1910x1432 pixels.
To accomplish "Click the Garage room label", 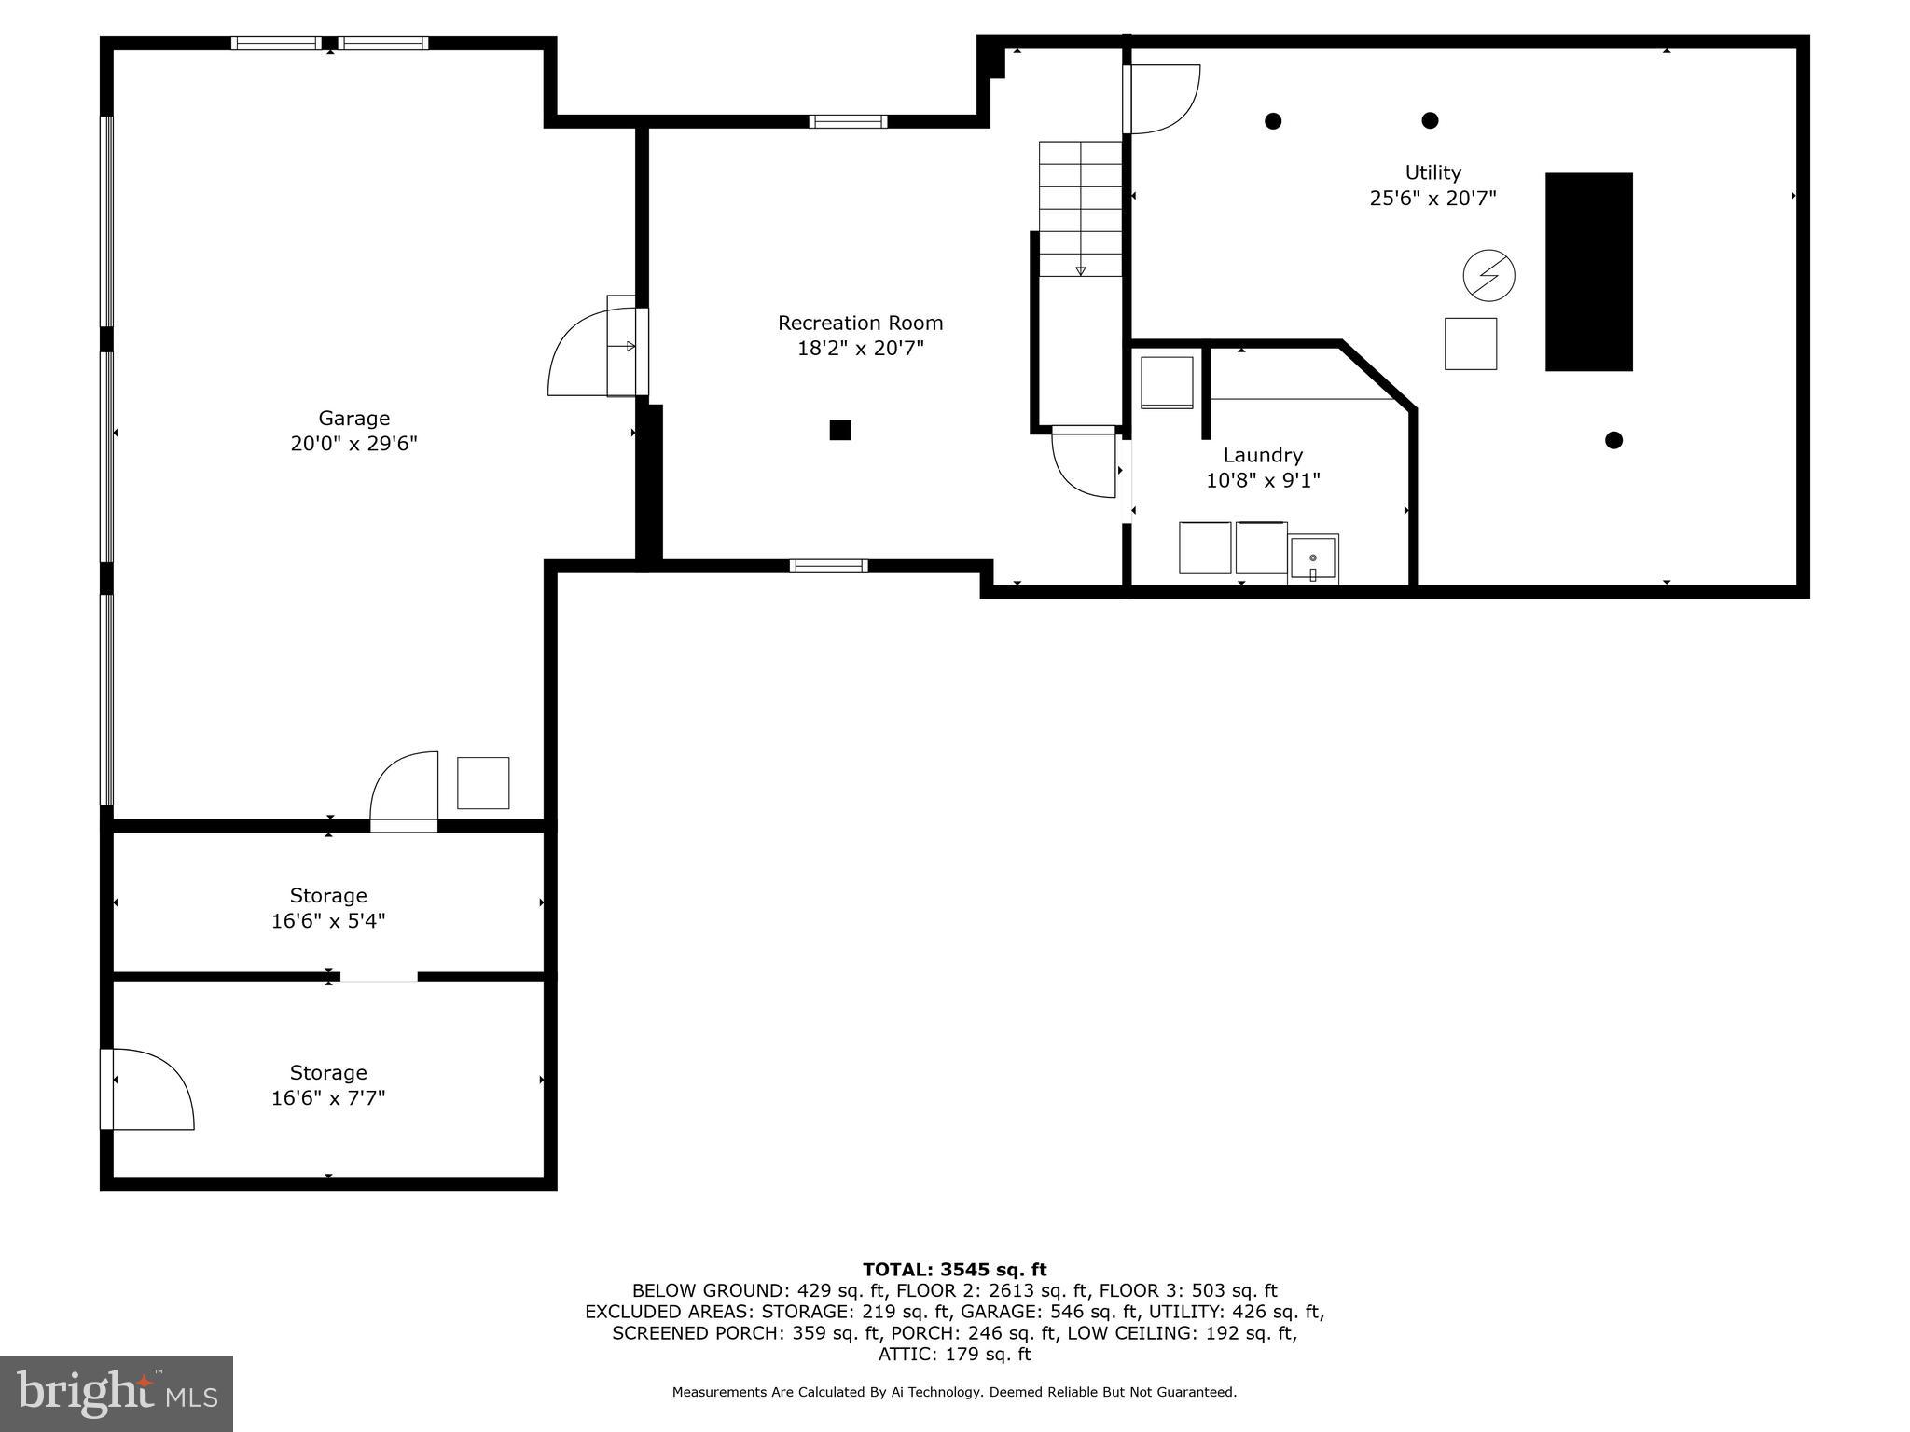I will coord(353,419).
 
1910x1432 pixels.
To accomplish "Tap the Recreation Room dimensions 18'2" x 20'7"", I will coord(860,349).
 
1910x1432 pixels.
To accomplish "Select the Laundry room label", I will coord(1263,455).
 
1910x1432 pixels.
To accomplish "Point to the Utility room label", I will coord(1432,172).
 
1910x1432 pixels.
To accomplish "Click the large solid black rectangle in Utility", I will coord(1588,271).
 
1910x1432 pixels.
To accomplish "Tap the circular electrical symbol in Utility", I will coord(1488,276).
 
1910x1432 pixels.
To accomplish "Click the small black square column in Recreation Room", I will coord(840,430).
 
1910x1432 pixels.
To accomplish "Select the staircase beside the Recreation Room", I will coord(1080,209).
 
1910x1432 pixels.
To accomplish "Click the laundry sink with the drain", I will coord(1312,558).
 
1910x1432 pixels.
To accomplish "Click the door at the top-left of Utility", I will coord(1161,98).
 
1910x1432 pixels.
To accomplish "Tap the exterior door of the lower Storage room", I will coord(149,1089).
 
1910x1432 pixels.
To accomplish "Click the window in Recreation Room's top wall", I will coord(847,121).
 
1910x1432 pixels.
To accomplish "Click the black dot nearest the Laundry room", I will coord(1613,440).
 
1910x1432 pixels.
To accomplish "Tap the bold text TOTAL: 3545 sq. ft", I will coord(954,1269).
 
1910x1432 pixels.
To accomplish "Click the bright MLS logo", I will coord(117,1393).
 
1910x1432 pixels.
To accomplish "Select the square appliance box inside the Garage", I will coord(483,783).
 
